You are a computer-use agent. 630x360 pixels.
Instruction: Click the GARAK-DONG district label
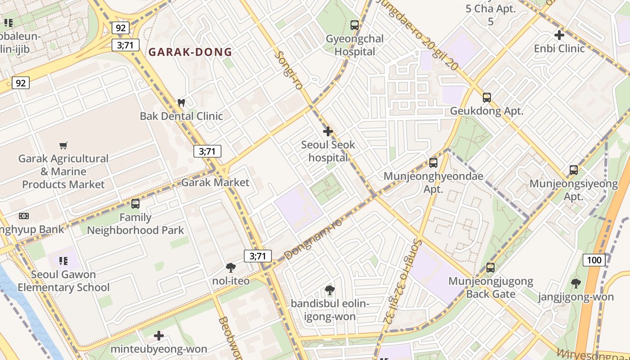pos(190,52)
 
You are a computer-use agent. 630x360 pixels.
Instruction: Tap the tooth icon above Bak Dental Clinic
pos(181,103)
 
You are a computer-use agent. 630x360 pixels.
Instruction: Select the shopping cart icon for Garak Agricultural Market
pos(63,145)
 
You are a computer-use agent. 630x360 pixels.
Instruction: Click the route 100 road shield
pos(594,260)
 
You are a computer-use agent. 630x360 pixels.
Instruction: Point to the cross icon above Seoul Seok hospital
pos(328,131)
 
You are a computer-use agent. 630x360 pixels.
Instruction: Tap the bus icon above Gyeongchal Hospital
pos(355,25)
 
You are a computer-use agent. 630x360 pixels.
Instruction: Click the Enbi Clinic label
pos(559,48)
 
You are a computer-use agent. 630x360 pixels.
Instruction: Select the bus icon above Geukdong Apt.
pos(486,97)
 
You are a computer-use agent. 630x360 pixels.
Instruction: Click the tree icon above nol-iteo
pos(231,268)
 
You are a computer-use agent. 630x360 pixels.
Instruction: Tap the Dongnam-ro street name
pos(313,239)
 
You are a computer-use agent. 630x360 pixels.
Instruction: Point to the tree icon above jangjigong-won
pos(576,283)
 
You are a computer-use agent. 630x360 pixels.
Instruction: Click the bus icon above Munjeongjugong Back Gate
pos(490,268)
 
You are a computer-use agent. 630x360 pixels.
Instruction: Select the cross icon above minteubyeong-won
pos(159,336)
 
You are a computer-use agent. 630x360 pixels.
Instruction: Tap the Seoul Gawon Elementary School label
pos(63,281)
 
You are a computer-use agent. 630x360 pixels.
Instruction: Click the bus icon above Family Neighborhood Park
pos(135,204)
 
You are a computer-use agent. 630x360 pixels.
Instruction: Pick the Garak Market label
pos(215,182)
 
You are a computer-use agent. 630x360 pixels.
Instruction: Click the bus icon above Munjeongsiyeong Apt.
pos(573,170)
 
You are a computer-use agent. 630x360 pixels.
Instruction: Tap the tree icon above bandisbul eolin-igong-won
pos(330,290)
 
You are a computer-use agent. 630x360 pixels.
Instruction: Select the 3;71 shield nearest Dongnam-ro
pos(258,256)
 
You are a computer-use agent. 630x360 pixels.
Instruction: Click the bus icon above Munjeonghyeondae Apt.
pos(433,163)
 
